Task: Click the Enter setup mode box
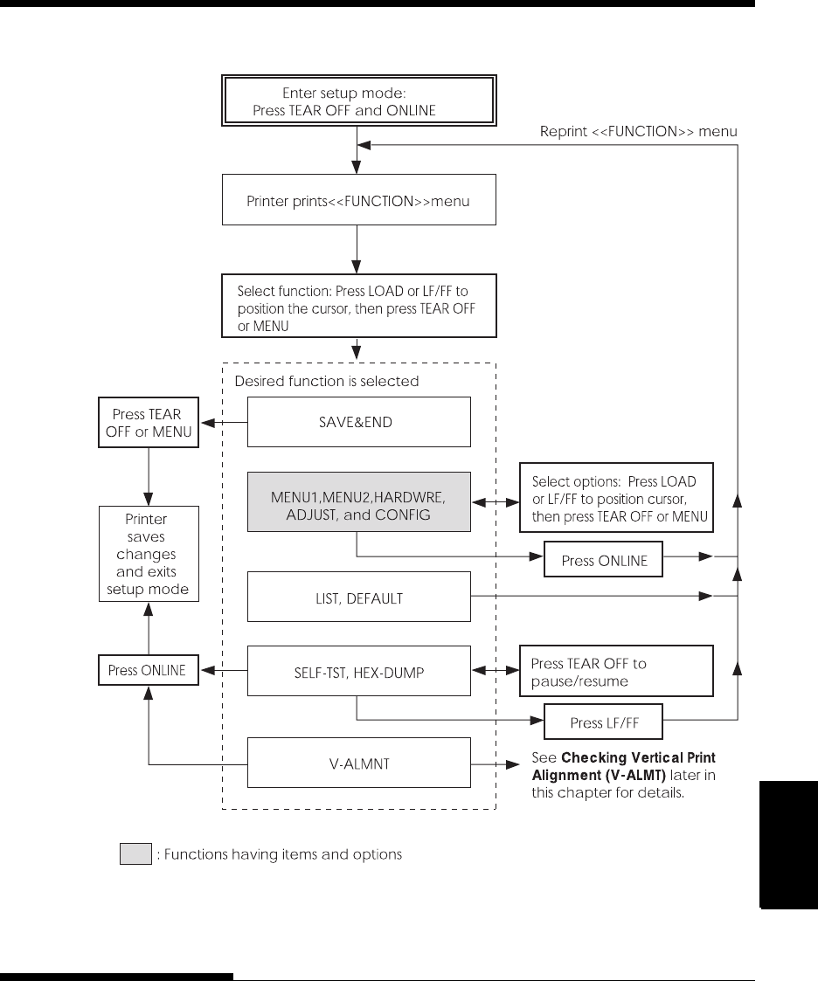coord(358,100)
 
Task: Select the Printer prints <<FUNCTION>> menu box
coord(358,200)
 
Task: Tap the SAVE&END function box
coord(358,422)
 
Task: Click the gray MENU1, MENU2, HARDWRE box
coord(358,501)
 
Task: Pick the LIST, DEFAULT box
coord(358,597)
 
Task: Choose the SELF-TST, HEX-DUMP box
coord(358,671)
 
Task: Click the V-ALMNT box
coord(358,763)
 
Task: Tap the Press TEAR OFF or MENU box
coord(149,422)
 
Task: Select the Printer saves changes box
coord(149,555)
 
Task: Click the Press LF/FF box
coord(603,722)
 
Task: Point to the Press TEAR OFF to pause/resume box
coord(616,671)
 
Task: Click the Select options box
coord(616,498)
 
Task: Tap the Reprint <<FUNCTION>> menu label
coord(638,131)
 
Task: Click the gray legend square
coord(135,854)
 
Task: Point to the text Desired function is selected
coord(327,381)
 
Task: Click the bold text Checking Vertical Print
coord(638,757)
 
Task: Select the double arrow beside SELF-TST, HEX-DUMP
coord(496,671)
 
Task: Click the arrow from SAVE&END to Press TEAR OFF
coord(224,422)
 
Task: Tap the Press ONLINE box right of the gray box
coord(603,559)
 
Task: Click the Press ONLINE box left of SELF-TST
coord(149,670)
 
